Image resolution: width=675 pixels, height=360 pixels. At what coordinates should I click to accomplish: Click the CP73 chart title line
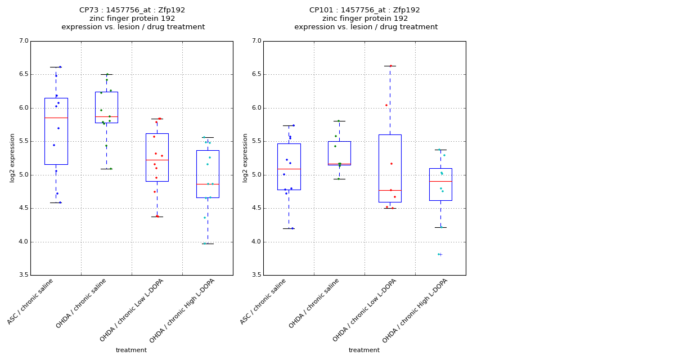pos(132,10)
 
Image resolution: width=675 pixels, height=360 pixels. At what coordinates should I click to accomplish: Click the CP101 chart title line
pos(364,10)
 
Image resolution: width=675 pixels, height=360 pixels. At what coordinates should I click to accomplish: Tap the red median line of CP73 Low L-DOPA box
pos(157,160)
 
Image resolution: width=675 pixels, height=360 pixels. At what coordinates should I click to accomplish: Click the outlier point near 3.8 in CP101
pos(439,254)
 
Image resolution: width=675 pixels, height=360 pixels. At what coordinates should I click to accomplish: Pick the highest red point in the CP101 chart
pos(390,66)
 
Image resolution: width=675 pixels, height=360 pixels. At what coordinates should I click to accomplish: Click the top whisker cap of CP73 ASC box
pos(56,67)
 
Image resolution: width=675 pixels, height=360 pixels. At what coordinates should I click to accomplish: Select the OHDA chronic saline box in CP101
pos(339,153)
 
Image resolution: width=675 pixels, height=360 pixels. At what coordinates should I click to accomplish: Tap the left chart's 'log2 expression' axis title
pos(12,157)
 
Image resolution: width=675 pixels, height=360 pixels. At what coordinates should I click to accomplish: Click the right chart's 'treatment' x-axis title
pos(364,350)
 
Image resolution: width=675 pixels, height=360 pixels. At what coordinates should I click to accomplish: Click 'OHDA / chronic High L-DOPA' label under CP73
pos(183,310)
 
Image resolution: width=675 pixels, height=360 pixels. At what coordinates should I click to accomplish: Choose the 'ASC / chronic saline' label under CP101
pos(264,301)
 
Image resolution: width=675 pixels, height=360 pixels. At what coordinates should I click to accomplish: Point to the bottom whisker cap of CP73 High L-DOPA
pos(208,244)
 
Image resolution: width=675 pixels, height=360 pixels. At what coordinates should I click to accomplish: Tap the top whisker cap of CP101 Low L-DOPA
pos(390,66)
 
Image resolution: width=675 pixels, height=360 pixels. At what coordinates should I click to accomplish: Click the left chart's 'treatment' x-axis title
pos(131,350)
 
